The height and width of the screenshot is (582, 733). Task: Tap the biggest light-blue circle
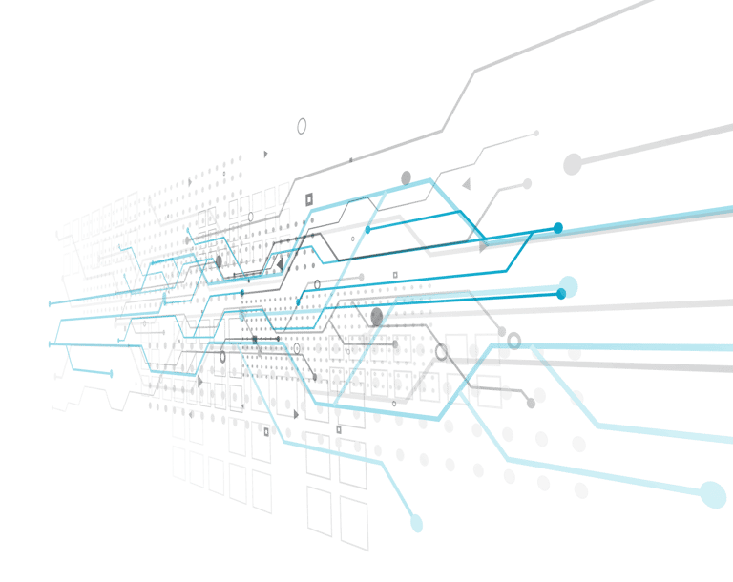pyautogui.click(x=712, y=494)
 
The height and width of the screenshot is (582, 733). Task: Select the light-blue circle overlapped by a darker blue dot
pyautogui.click(x=568, y=285)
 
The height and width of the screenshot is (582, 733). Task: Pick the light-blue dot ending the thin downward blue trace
pyautogui.click(x=416, y=523)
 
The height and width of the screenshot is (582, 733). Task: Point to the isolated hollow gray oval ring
pyautogui.click(x=302, y=125)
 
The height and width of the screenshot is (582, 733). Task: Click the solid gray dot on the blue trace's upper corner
pyautogui.click(x=406, y=177)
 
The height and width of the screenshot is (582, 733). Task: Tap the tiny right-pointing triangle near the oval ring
pyautogui.click(x=266, y=153)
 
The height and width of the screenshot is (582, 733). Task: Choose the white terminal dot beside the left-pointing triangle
pyautogui.click(x=526, y=183)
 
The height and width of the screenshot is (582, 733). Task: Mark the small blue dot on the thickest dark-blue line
pyautogui.click(x=558, y=226)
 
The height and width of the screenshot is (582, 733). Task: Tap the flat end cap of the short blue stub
pyautogui.click(x=112, y=373)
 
